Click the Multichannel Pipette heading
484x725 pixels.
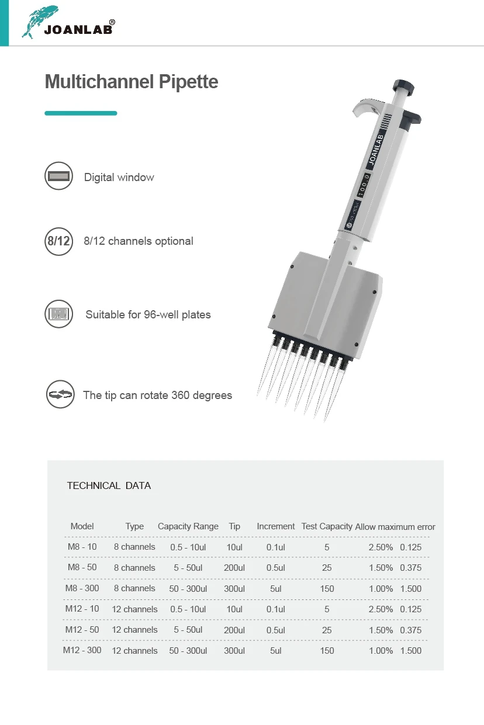(x=131, y=81)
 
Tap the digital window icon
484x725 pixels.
(x=58, y=176)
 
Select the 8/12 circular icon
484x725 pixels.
(x=58, y=241)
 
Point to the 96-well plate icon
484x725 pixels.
(x=58, y=314)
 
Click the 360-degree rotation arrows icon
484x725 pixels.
(x=60, y=395)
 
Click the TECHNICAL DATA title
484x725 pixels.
(x=109, y=485)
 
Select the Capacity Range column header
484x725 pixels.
(x=188, y=526)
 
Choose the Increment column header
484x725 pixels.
(x=275, y=526)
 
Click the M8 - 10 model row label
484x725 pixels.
(x=82, y=547)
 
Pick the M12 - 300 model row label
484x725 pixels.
(x=82, y=650)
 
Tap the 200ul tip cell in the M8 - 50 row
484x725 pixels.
(x=234, y=568)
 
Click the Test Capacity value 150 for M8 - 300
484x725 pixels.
(x=327, y=588)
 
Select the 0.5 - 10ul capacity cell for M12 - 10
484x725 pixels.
(x=188, y=609)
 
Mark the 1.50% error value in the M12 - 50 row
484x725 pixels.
(x=381, y=630)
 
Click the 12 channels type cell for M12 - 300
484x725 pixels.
(x=134, y=650)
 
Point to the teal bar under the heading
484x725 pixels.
(x=81, y=113)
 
